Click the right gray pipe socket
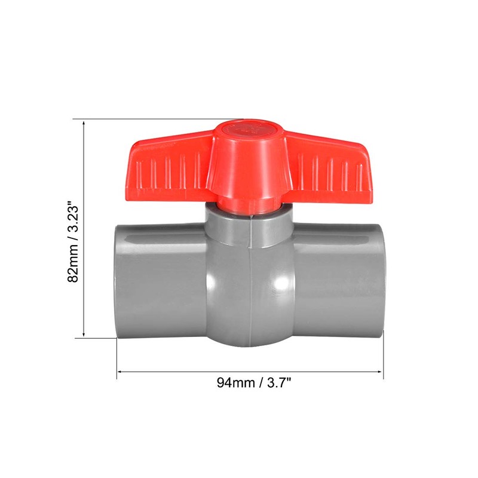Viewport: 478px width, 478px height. pyautogui.click(x=341, y=278)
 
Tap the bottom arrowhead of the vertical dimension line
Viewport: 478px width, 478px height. pyautogui.click(x=84, y=335)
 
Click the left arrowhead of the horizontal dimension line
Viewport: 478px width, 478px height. pyautogui.click(x=119, y=372)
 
